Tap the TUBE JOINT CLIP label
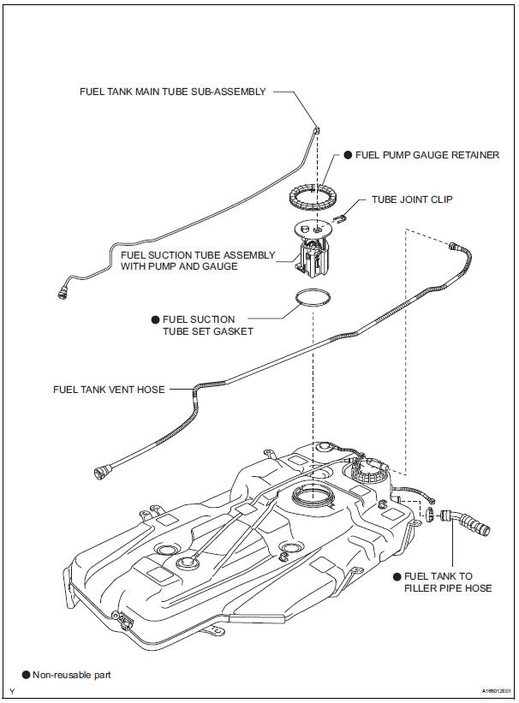pos(411,200)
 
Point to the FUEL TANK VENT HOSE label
pos(108,389)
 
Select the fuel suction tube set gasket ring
pos(313,297)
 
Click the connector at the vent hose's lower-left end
pos(100,470)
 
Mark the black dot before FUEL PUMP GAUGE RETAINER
pos(348,156)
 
